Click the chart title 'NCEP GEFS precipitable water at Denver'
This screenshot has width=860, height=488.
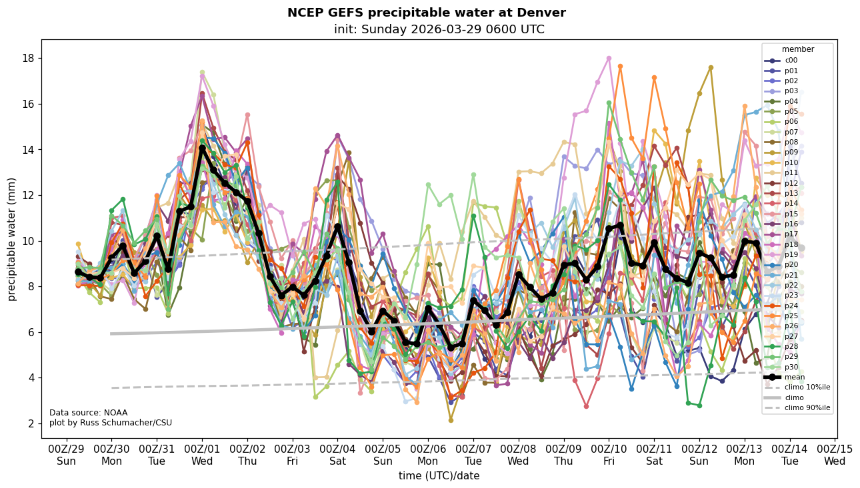click(x=426, y=13)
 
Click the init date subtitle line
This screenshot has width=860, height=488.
click(x=439, y=29)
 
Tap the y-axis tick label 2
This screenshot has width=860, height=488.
click(x=31, y=423)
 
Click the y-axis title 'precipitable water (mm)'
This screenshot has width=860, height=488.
click(x=12, y=239)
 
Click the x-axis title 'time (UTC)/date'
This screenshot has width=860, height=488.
click(x=439, y=476)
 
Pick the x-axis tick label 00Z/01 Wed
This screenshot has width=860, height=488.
click(x=202, y=455)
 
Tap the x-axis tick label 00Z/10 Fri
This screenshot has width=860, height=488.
click(x=609, y=455)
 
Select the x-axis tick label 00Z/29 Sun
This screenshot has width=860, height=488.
click(x=66, y=455)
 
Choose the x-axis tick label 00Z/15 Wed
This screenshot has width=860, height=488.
click(x=835, y=455)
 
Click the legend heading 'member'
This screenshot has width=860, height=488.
click(x=797, y=49)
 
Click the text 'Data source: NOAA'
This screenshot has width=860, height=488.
click(x=88, y=413)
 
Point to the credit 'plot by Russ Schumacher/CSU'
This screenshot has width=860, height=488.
click(x=111, y=423)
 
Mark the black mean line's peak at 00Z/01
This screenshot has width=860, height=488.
click(x=202, y=148)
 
